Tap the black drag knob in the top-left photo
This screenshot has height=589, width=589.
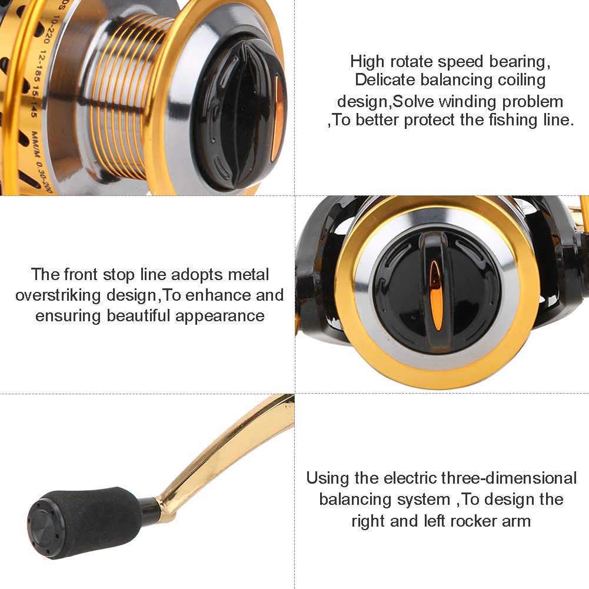click(241, 112)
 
